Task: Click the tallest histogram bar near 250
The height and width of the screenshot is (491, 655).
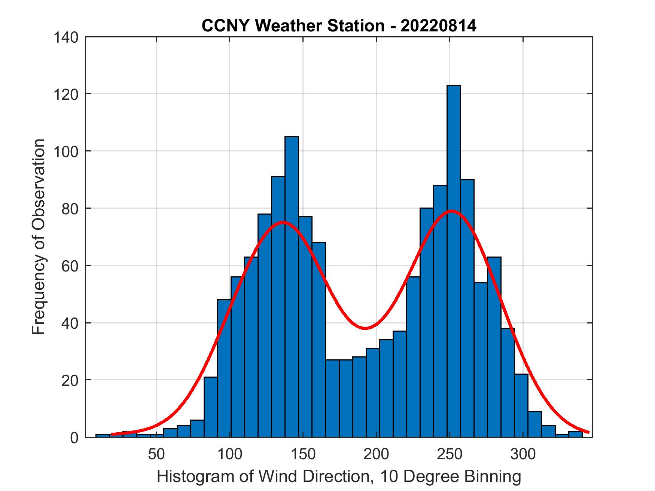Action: tap(454, 262)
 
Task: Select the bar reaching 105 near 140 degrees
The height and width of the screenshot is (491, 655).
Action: tap(292, 284)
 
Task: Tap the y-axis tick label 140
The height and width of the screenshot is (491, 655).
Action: tap(66, 37)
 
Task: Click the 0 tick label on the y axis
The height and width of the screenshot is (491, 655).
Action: tap(74, 438)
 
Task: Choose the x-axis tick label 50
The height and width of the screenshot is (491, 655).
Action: tap(156, 454)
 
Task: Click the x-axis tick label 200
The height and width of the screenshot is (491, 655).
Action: tap(376, 454)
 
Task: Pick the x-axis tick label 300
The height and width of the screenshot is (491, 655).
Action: tap(523, 454)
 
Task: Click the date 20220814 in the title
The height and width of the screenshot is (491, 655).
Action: tap(438, 26)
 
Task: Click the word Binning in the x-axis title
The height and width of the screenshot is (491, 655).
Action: tap(493, 476)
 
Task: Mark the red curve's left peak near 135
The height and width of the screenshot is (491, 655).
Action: tap(283, 222)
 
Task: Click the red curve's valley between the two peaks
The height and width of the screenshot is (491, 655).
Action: tap(365, 328)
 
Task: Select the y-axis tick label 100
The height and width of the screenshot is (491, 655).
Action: tap(66, 151)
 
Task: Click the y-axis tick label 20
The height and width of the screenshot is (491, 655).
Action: tap(70, 380)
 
